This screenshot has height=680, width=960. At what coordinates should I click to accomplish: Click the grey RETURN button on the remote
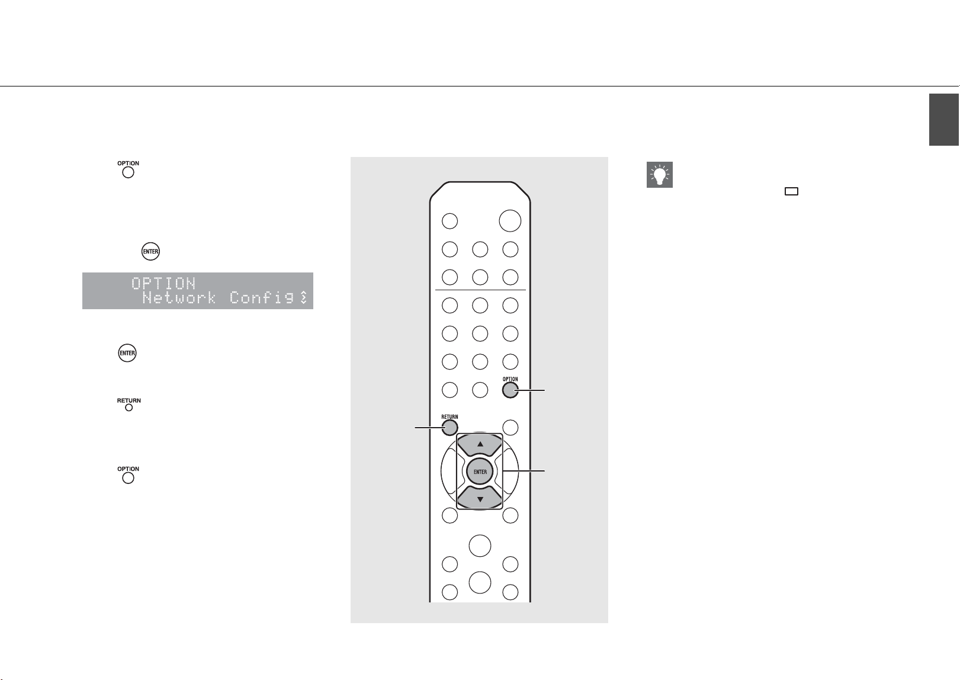[450, 428]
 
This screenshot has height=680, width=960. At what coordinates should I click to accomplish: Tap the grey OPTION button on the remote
[510, 390]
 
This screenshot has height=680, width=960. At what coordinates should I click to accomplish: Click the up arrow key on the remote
[480, 445]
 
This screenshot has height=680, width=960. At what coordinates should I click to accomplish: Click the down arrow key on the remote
[480, 499]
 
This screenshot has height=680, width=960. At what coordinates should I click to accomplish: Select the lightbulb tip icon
[660, 175]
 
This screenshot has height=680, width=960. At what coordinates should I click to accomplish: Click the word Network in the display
[179, 297]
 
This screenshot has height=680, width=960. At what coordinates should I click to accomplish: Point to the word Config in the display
[262, 297]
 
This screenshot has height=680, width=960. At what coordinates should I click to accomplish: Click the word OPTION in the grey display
[163, 283]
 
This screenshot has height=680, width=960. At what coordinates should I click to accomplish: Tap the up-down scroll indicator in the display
[303, 297]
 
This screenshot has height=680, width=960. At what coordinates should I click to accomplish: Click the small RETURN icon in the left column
[129, 405]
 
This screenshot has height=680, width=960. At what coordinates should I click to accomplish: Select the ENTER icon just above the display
[150, 251]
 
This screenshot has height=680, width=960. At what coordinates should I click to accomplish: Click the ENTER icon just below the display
[127, 353]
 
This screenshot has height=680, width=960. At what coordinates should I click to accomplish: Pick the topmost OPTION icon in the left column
[128, 169]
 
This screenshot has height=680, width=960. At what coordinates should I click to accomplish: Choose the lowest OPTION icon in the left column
[128, 475]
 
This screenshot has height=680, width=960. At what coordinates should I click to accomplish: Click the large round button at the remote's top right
[510, 221]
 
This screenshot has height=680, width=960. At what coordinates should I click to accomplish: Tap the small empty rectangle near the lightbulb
[791, 192]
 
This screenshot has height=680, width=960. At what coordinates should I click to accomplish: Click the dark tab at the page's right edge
[944, 120]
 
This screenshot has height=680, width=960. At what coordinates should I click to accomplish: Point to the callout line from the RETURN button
[429, 428]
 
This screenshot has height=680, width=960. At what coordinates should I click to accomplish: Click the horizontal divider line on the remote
[480, 290]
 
